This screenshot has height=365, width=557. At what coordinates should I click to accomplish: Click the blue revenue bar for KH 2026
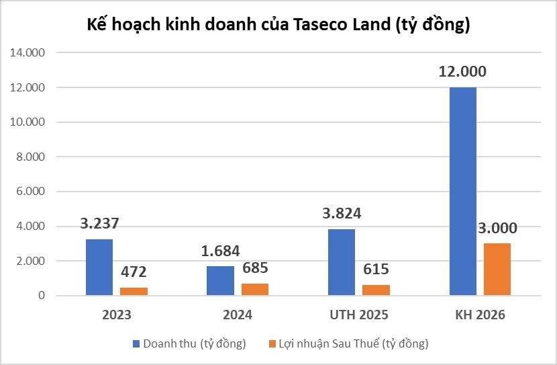coord(462,192)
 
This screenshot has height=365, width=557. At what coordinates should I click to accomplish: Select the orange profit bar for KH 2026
coord(497,270)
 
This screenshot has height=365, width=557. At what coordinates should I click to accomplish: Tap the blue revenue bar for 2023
coord(99,267)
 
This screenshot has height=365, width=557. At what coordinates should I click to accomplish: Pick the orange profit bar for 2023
coord(133,291)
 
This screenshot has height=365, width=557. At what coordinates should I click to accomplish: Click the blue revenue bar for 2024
coord(220,280)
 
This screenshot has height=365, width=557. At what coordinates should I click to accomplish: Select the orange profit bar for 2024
coord(254,289)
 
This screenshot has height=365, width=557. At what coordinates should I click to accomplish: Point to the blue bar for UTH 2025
coord(341,262)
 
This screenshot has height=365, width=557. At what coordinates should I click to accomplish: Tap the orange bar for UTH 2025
coord(376,290)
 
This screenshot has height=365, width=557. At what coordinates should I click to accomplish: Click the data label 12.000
coord(462,71)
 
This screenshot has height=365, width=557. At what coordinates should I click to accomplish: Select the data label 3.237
coord(99,223)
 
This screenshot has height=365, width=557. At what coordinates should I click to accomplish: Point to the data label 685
coord(254,268)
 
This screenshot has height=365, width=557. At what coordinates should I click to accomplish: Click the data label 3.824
coord(341,214)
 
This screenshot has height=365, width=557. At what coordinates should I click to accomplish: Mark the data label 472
coord(133,272)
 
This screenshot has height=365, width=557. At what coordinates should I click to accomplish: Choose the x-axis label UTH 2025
coord(358,315)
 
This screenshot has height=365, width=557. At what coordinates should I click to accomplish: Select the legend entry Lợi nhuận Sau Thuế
coord(349,343)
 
